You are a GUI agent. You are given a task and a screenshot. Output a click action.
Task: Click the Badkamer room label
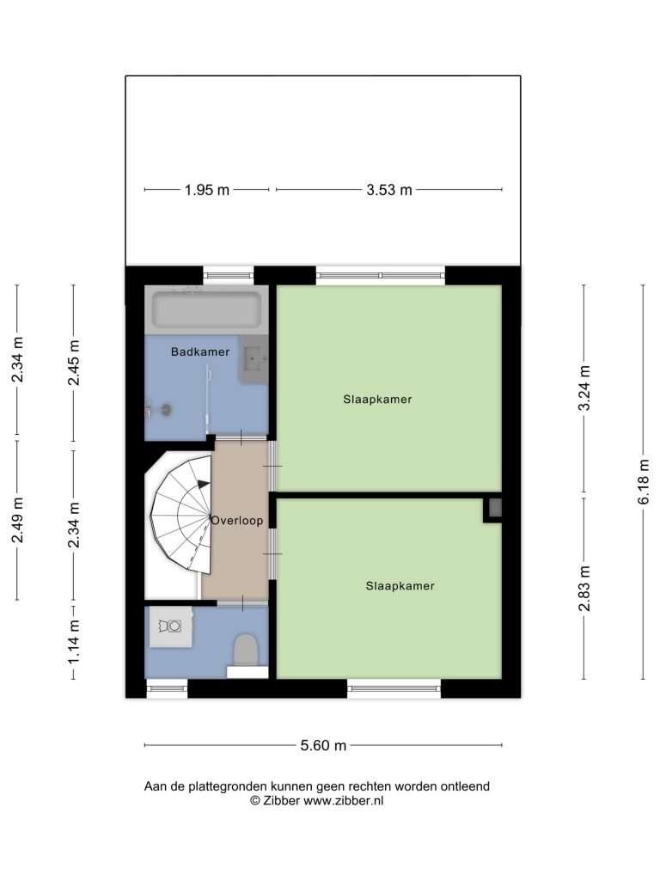[200, 351]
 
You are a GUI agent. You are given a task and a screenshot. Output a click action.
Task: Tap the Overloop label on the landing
[237, 520]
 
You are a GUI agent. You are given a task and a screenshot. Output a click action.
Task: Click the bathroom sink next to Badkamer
[254, 359]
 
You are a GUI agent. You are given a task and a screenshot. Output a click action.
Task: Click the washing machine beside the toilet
[169, 626]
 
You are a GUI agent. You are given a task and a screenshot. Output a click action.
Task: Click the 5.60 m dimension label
[323, 745]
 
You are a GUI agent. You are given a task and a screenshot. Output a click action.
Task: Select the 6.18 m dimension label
[643, 481]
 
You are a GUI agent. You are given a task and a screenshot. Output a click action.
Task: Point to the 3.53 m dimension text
[389, 190]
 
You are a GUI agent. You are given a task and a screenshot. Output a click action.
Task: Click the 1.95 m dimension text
[207, 190]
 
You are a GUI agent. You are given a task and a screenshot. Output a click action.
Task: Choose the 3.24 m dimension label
[584, 388]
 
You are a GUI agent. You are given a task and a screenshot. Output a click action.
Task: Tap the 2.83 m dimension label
[584, 588]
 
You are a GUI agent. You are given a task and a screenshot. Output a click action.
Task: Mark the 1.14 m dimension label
[74, 641]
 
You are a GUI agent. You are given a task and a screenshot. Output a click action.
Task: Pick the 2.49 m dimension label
[17, 520]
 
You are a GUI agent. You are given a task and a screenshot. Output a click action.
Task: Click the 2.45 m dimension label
[74, 363]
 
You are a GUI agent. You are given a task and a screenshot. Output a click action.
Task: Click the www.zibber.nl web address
[344, 801]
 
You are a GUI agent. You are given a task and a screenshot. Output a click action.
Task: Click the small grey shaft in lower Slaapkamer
[495, 508]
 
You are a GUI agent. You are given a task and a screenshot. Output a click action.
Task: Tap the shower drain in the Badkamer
[166, 409]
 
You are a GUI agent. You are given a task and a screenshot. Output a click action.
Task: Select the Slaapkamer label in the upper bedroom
[378, 400]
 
